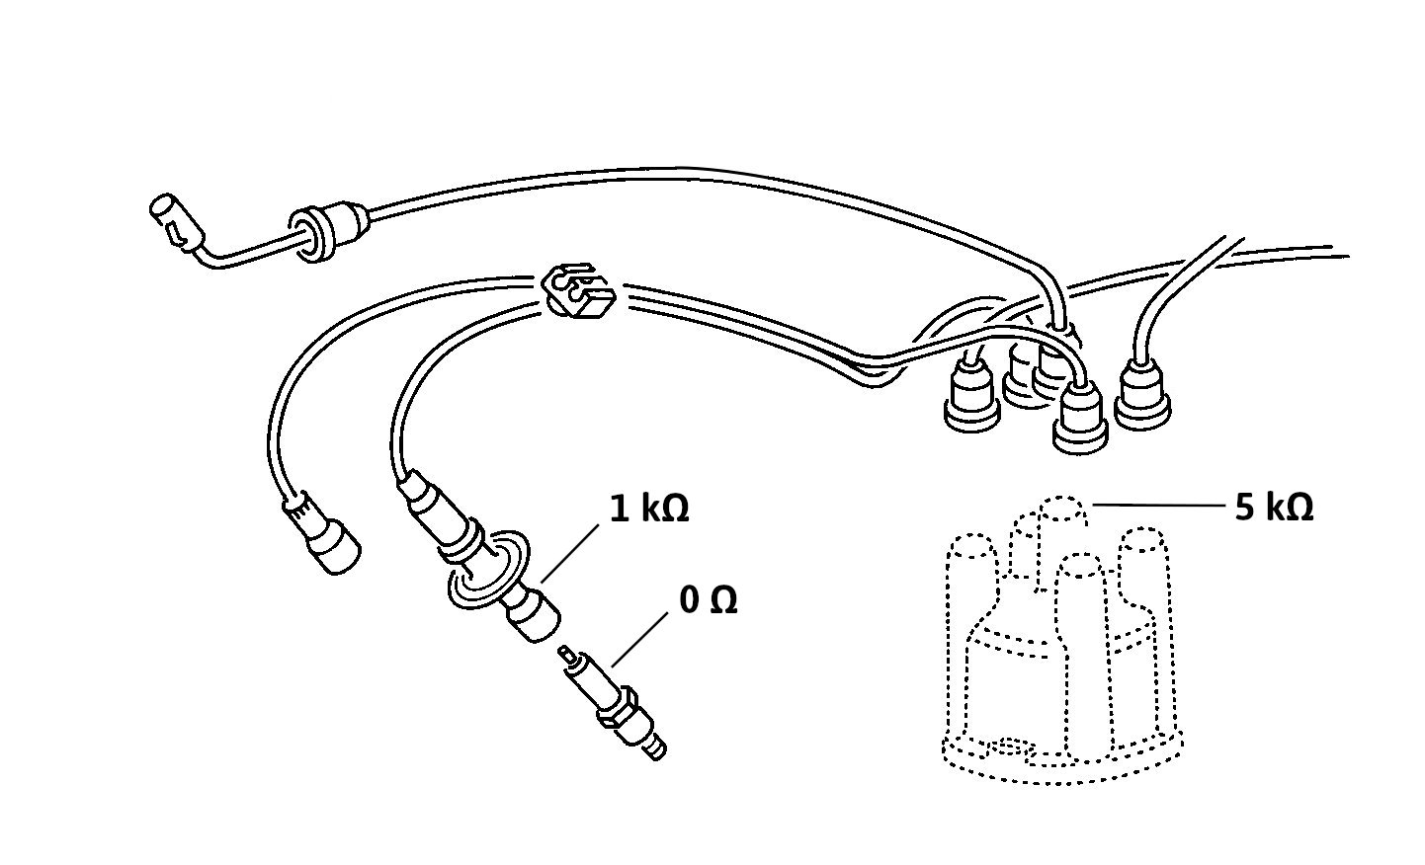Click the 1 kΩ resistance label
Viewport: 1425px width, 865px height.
649,509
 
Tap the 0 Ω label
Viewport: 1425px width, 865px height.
708,599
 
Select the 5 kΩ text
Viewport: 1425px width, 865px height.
1274,508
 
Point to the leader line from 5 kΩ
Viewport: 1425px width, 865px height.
1158,506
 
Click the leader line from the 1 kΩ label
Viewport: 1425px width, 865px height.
570,554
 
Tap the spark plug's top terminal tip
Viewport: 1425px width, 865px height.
564,652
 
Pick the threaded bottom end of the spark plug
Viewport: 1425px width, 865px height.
656,748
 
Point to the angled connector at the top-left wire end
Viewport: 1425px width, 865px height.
178,223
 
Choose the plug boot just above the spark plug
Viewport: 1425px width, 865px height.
533,612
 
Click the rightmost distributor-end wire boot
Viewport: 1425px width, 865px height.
1142,394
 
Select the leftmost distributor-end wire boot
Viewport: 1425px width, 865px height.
971,395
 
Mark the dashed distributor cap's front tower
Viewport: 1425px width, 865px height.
1080,655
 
